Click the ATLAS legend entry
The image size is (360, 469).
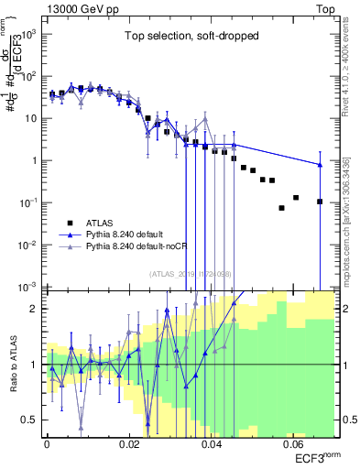[100, 223]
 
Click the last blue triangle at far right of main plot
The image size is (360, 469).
[320, 165]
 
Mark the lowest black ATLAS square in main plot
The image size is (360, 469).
[282, 208]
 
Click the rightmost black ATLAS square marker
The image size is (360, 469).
[320, 202]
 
